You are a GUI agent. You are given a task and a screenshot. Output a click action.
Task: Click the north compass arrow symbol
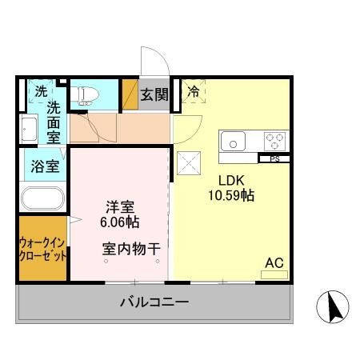point(334,307)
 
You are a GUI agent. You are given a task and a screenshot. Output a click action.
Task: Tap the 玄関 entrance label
point(154,94)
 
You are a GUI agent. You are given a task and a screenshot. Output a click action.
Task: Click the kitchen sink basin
point(233,142)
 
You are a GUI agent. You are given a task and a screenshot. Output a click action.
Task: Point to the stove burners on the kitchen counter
point(274,142)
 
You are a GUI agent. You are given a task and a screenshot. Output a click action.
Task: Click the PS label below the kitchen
point(274,158)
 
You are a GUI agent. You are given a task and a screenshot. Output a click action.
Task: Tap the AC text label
point(274,262)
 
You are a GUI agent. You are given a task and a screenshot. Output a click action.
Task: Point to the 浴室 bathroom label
point(45,167)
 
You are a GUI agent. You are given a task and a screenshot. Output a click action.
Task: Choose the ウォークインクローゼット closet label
point(42,248)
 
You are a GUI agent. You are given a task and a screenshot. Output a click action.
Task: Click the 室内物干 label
point(131,249)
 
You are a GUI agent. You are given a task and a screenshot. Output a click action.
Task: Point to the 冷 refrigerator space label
point(193,92)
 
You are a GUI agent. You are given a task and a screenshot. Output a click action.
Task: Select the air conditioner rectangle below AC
point(274,274)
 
